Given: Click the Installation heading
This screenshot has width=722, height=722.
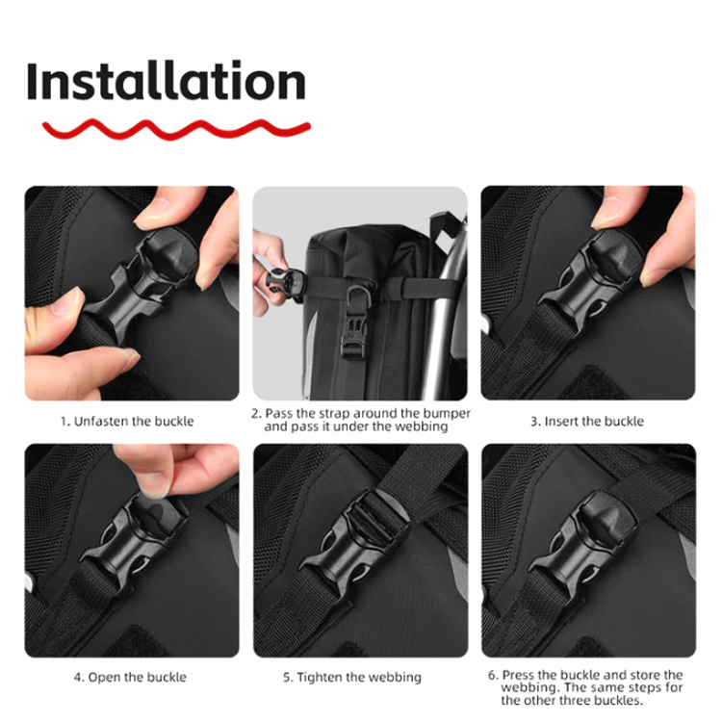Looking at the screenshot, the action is pos(167,80).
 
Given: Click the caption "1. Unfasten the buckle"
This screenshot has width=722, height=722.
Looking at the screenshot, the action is pos(127,422).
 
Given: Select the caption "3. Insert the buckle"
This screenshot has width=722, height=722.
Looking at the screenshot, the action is pos(587,422).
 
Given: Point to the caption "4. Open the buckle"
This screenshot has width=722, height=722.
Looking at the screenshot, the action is pos(130,677).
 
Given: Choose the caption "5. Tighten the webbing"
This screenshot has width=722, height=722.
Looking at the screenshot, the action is pos(352,677).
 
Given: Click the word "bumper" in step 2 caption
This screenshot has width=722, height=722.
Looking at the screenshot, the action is pos(447,414).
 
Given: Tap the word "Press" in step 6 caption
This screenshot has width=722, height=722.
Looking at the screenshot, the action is pos(518,675).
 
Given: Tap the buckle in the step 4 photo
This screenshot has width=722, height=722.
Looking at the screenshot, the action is pos(135,538).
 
